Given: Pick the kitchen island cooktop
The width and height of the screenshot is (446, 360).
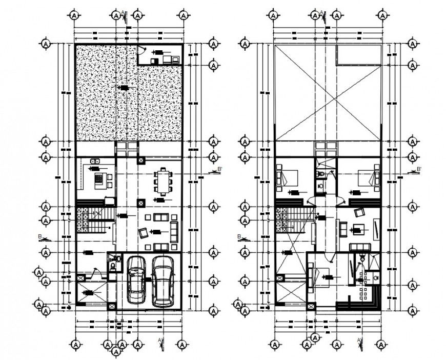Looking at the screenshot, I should [97, 180].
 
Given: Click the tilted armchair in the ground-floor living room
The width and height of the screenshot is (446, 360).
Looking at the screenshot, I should [144, 234].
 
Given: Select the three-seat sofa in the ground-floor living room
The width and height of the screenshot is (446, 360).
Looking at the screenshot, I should [174, 232].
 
